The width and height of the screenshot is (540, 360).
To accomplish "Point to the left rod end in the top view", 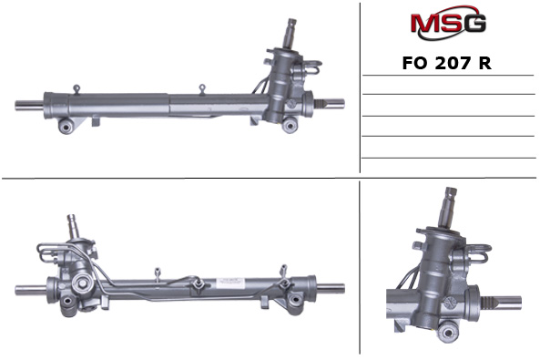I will [x=25, y=104].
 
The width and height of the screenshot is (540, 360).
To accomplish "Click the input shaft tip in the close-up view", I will [x=450, y=194].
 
